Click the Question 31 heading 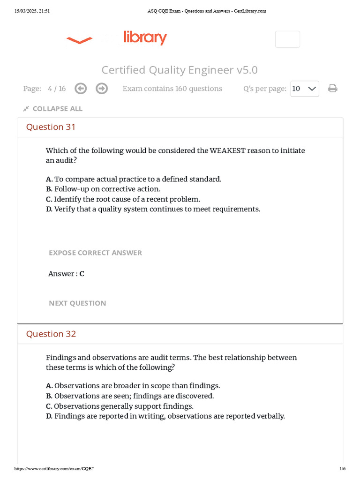tap(51, 127)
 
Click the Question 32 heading tap(51, 334)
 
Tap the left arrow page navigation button tap(81, 89)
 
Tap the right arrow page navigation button tap(101, 89)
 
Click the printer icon tap(333, 89)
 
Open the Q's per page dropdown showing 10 tap(305, 89)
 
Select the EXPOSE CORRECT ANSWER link tap(95, 253)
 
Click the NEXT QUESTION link tap(77, 303)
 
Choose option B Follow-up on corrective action tap(103, 189)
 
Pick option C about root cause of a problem tap(123, 199)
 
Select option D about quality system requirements tap(153, 209)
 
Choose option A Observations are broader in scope tap(133, 386)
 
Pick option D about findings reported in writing tap(165, 416)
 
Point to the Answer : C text tap(66, 274)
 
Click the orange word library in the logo tap(145, 37)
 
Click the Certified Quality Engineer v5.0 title tap(180, 70)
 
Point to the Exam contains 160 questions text tap(172, 89)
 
